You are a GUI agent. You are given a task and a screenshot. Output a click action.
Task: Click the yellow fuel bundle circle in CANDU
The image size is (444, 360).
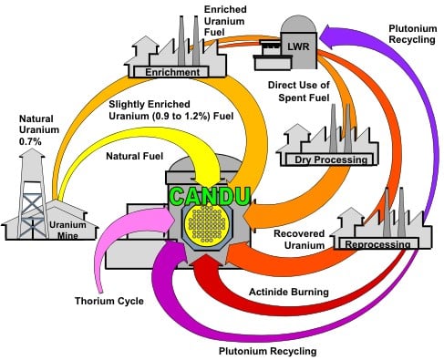(215, 224)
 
